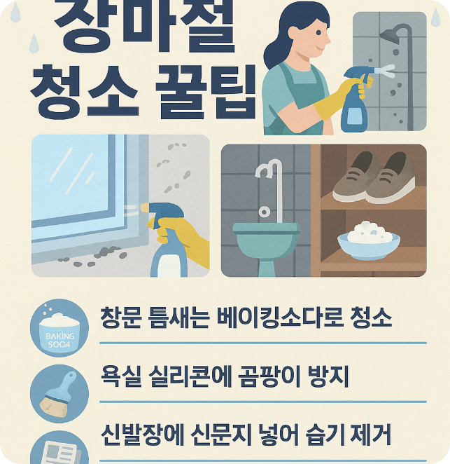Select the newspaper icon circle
click(x=59, y=449)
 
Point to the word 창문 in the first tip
click(x=120, y=319)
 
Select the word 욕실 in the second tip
click(x=120, y=379)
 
